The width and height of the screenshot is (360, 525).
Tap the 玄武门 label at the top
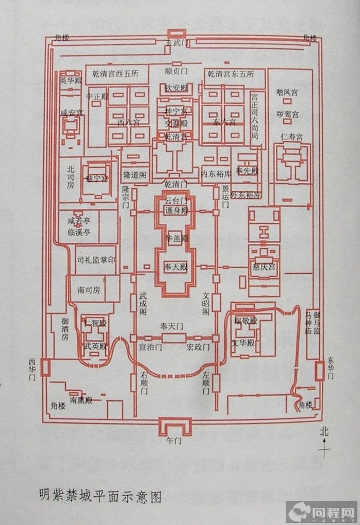177,43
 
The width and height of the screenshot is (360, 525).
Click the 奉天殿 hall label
175,269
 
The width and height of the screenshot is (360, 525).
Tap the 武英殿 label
95,346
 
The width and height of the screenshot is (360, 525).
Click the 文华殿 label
243,342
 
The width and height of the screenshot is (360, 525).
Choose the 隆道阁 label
135,175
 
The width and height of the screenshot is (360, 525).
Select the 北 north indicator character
323,431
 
